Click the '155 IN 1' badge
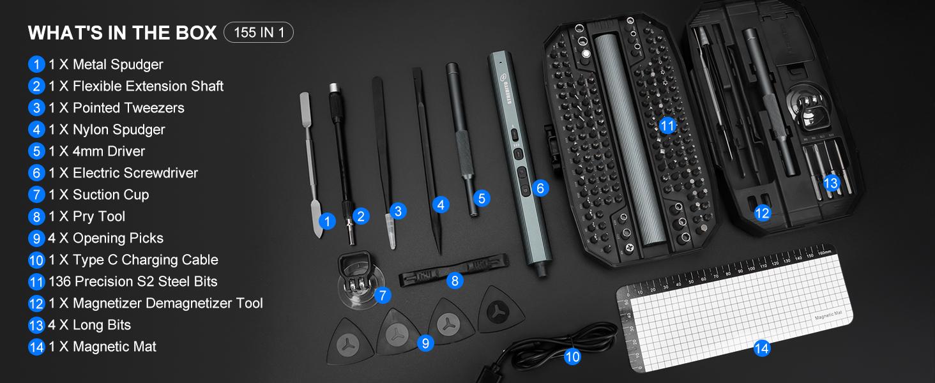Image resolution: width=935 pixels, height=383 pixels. click(259, 33)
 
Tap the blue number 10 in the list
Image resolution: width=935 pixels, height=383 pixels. click(36, 260)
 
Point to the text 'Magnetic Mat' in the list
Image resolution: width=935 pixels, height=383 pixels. click(114, 347)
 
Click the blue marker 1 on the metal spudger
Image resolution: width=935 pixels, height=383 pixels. click(327, 222)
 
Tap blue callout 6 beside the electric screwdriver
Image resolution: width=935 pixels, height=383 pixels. click(540, 188)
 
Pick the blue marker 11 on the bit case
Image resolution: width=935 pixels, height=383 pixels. click(667, 126)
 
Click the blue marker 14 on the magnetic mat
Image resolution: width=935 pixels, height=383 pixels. click(761, 348)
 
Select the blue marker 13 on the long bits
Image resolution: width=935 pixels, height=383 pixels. click(830, 184)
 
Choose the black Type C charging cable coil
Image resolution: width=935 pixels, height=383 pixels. click(543, 348)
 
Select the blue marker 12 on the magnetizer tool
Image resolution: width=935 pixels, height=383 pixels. click(762, 213)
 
